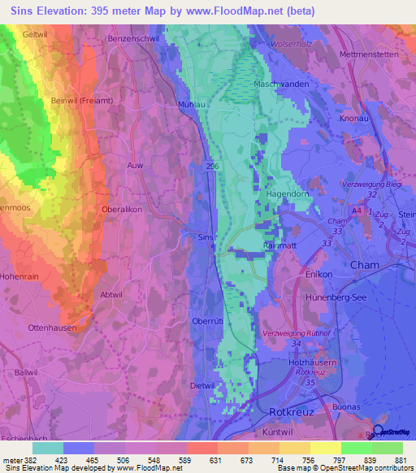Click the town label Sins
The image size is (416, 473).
click(206, 237)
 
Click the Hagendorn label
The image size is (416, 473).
click(288, 195)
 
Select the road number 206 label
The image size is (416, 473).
click(211, 165)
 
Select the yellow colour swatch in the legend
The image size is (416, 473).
click(325, 448)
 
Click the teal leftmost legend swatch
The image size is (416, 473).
click(48, 448)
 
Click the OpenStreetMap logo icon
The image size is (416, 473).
click(379, 432)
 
